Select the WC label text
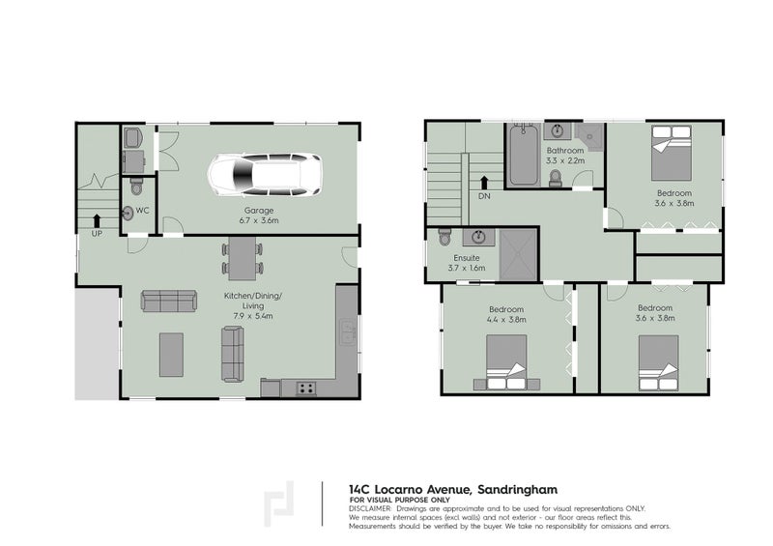point(141,210)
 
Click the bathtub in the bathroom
point(523,158)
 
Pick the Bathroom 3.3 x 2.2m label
point(564,156)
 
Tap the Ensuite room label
point(467,263)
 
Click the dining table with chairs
point(243,257)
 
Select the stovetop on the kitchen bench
point(305,388)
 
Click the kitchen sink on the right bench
point(346,334)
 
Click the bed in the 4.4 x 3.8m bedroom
point(504,362)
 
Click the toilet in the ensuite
point(444,236)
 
